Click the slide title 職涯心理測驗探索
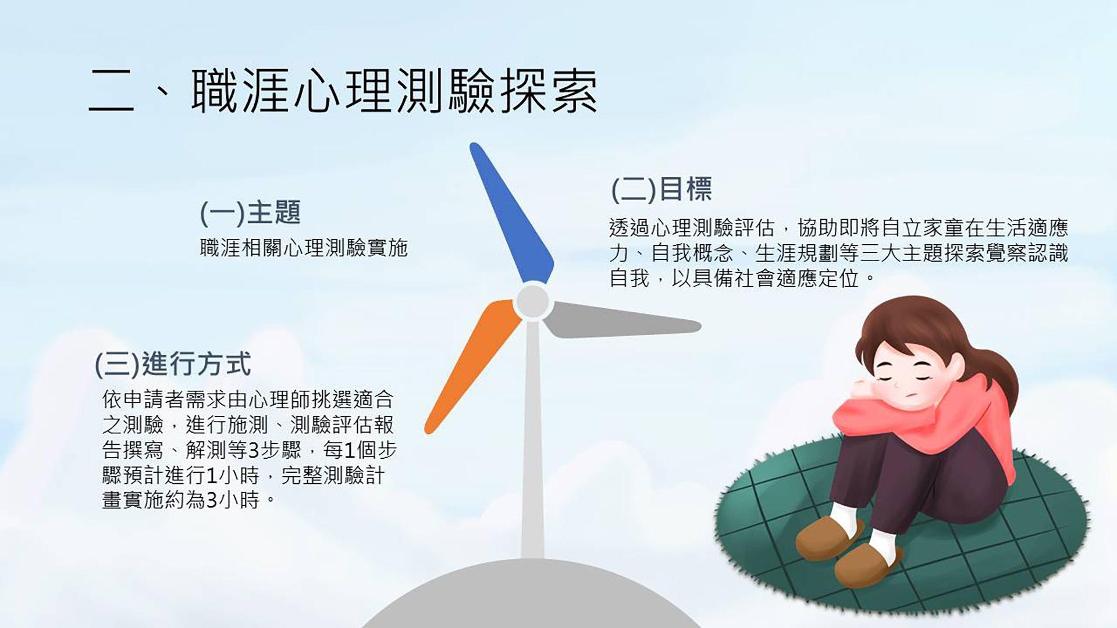(394, 91)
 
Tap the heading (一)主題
(250, 212)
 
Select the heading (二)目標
(661, 189)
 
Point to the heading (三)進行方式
(173, 365)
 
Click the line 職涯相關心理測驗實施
(304, 248)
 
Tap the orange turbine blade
(472, 366)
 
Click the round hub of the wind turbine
(532, 301)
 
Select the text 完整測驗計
(333, 476)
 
